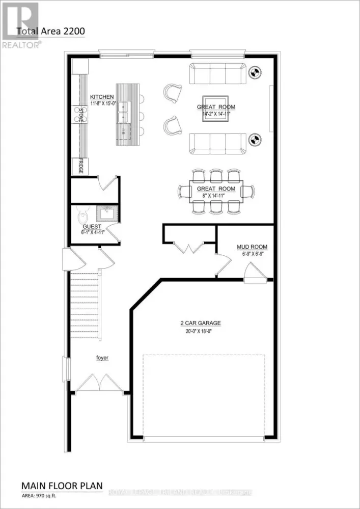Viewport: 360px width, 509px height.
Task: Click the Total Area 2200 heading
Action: tap(50, 31)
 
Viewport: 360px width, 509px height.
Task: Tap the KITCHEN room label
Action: tap(102, 97)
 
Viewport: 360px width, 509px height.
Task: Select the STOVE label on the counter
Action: tap(80, 115)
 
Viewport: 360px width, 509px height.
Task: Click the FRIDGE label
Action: tap(80, 166)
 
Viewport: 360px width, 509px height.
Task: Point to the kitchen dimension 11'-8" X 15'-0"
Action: tap(102, 104)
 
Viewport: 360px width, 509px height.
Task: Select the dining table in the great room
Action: tap(216, 192)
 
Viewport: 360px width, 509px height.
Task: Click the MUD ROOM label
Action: tap(249, 247)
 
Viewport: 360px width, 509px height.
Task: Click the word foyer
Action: tap(102, 358)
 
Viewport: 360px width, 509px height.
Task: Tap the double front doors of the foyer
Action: tap(100, 382)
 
